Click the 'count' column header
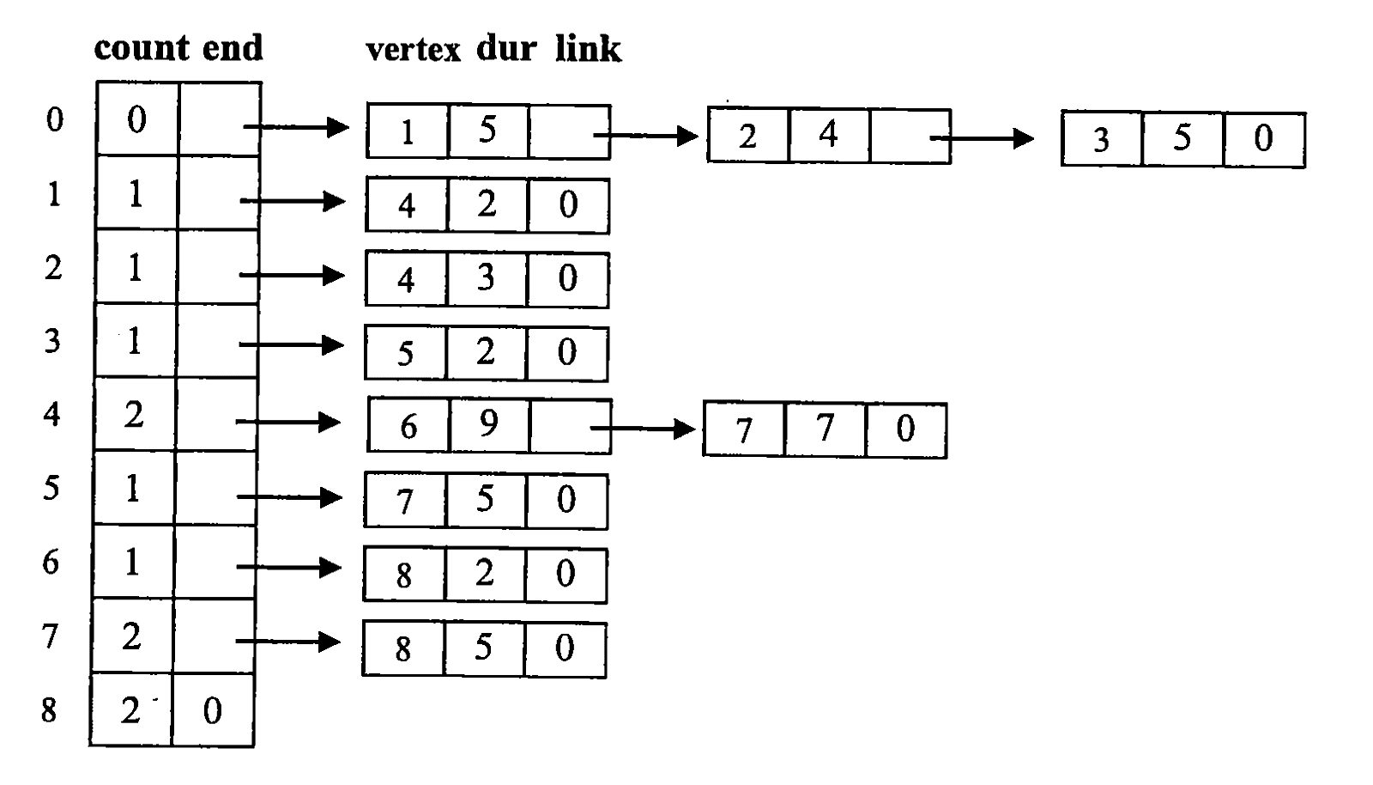click(x=142, y=48)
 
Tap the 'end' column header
click(x=233, y=48)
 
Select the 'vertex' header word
click(x=413, y=51)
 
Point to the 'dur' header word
click(x=507, y=49)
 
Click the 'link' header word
click(x=588, y=49)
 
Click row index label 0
click(x=55, y=119)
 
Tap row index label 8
click(x=49, y=710)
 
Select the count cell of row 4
click(x=135, y=415)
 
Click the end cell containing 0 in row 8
click(x=214, y=710)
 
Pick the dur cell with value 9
click(x=488, y=425)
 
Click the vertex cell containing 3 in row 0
click(x=1102, y=138)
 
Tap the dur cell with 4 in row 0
click(x=829, y=135)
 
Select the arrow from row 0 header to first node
click(x=296, y=127)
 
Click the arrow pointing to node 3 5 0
click(x=982, y=138)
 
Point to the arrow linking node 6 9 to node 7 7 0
click(x=643, y=428)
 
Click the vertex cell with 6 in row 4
click(x=408, y=425)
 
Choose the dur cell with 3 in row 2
click(x=486, y=279)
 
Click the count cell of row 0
click(x=137, y=119)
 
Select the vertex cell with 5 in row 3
click(x=405, y=353)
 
